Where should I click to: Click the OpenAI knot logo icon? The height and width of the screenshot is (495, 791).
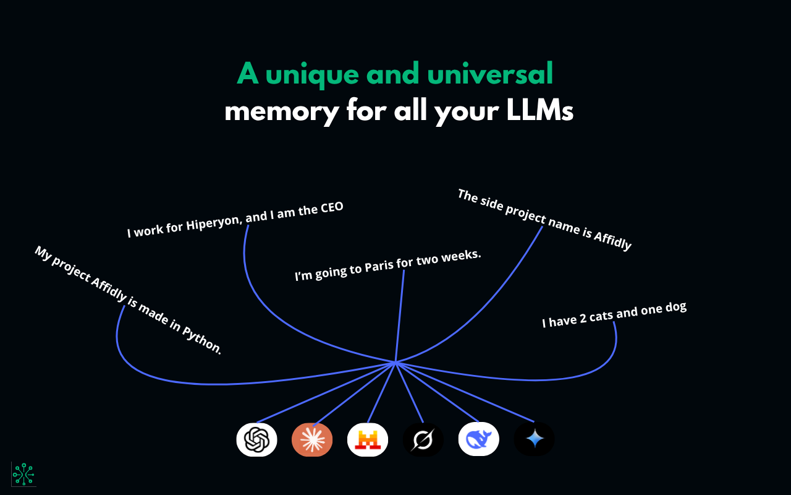coord(256,439)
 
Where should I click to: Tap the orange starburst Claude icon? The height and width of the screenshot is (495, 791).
coord(312,439)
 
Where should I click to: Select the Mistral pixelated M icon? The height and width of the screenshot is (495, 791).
coord(368,439)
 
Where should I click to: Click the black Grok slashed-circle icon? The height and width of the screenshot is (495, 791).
coord(423,439)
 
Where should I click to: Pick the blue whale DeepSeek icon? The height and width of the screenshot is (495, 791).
coord(479,439)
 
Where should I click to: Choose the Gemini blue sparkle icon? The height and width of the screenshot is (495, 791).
coord(535,439)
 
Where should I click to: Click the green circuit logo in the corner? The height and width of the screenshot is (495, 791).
coord(23,474)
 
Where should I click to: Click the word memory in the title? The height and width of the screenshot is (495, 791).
coord(281,112)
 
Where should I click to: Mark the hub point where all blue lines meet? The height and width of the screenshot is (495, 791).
coord(395,362)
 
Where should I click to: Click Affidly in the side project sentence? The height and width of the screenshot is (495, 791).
coord(612,240)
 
